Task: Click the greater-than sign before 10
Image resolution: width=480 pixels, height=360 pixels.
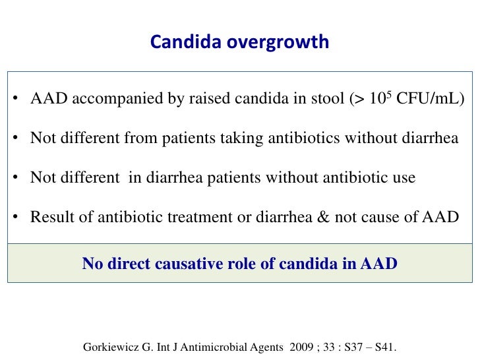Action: tap(359, 100)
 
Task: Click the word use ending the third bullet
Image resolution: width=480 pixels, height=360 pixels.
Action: tap(404, 178)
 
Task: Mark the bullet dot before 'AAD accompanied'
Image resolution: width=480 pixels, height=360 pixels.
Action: tap(15, 100)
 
